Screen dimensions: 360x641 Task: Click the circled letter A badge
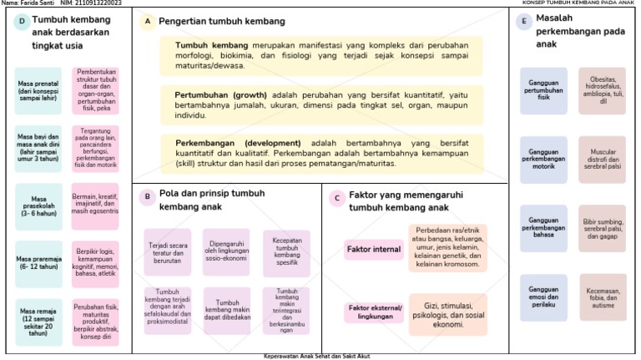click(148, 22)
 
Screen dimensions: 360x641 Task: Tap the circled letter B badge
click(146, 197)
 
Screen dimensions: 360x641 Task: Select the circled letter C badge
click(336, 198)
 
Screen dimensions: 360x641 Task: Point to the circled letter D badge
click(21, 23)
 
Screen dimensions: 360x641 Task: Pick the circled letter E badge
click(524, 22)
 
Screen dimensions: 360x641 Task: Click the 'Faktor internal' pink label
click(374, 250)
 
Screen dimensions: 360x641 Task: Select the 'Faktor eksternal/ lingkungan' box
click(374, 312)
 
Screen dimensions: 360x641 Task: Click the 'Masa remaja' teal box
click(38, 322)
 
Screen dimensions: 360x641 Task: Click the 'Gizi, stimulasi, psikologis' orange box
click(447, 315)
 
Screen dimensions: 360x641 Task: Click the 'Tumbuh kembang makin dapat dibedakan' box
click(225, 309)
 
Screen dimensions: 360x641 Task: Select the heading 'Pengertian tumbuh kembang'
click(221, 22)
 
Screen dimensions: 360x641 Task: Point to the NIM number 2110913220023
click(91, 3)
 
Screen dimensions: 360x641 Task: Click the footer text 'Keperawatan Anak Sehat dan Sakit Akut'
click(320, 356)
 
